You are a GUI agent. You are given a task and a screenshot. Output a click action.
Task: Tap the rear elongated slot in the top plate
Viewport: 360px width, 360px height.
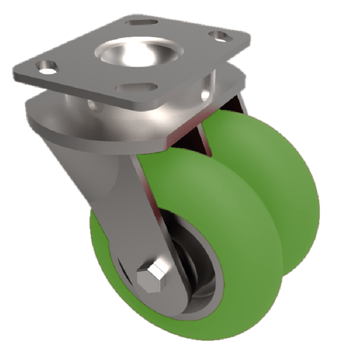141,22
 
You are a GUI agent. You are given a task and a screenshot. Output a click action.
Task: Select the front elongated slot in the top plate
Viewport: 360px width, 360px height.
136,87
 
